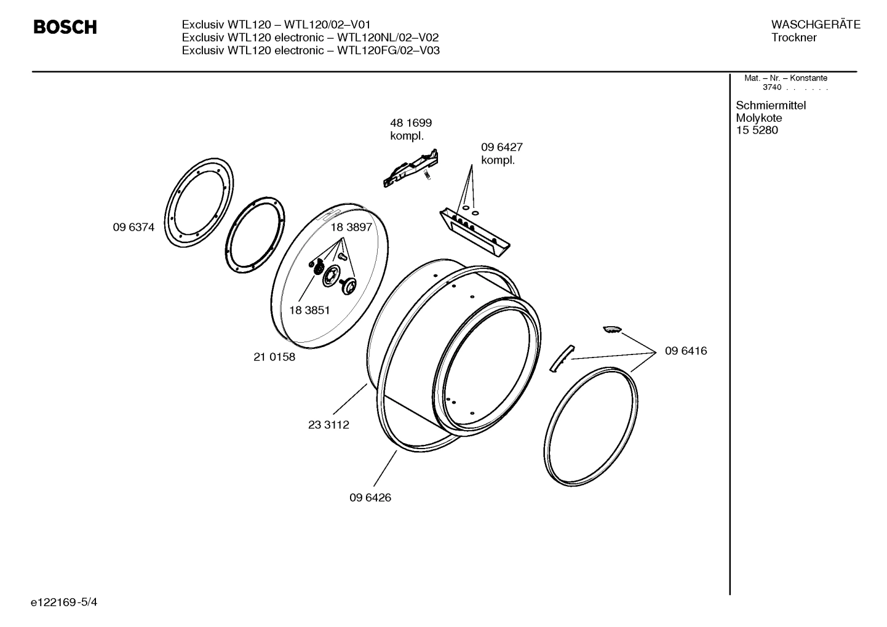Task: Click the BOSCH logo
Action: pyautogui.click(x=65, y=28)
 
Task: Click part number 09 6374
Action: pyautogui.click(x=133, y=227)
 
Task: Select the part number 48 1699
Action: pyautogui.click(x=410, y=123)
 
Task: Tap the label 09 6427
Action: pyautogui.click(x=501, y=148)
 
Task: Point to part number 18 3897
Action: pyautogui.click(x=351, y=227)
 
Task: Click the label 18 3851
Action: pyautogui.click(x=309, y=310)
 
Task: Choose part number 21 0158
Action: pyautogui.click(x=274, y=357)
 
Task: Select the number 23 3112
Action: pyautogui.click(x=328, y=425)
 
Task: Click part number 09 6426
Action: pyautogui.click(x=370, y=498)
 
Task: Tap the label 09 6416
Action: pyautogui.click(x=686, y=351)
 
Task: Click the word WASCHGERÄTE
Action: pyautogui.click(x=815, y=25)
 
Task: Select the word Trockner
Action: pyautogui.click(x=794, y=38)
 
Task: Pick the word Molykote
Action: pyautogui.click(x=758, y=118)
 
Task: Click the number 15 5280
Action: pyautogui.click(x=757, y=130)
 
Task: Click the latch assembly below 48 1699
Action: pyautogui.click(x=411, y=168)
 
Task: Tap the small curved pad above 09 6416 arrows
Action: pyautogui.click(x=612, y=329)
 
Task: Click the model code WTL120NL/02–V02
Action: pyautogui.click(x=388, y=38)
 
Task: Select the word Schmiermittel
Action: pyautogui.click(x=770, y=105)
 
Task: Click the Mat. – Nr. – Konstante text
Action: pyautogui.click(x=786, y=78)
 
